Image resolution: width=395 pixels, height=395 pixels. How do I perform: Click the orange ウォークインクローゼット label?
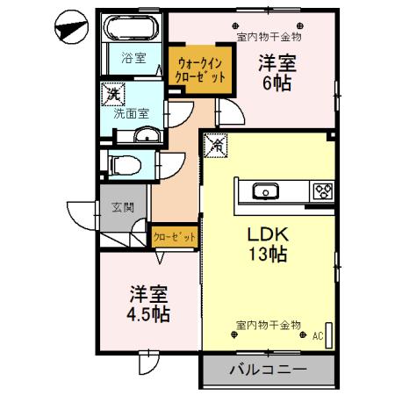point(201,70)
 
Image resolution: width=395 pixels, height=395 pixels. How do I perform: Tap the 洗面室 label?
point(131,112)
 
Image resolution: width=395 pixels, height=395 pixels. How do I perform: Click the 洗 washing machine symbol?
point(113,93)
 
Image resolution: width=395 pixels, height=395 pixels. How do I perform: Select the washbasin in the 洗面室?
point(146,135)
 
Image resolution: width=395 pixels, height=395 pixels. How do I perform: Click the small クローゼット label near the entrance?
point(175,237)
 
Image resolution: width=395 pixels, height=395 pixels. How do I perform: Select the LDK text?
point(268,234)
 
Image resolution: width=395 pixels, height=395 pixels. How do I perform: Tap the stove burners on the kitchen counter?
point(321,190)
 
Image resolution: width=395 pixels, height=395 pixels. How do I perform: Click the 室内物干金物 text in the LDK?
point(269,325)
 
